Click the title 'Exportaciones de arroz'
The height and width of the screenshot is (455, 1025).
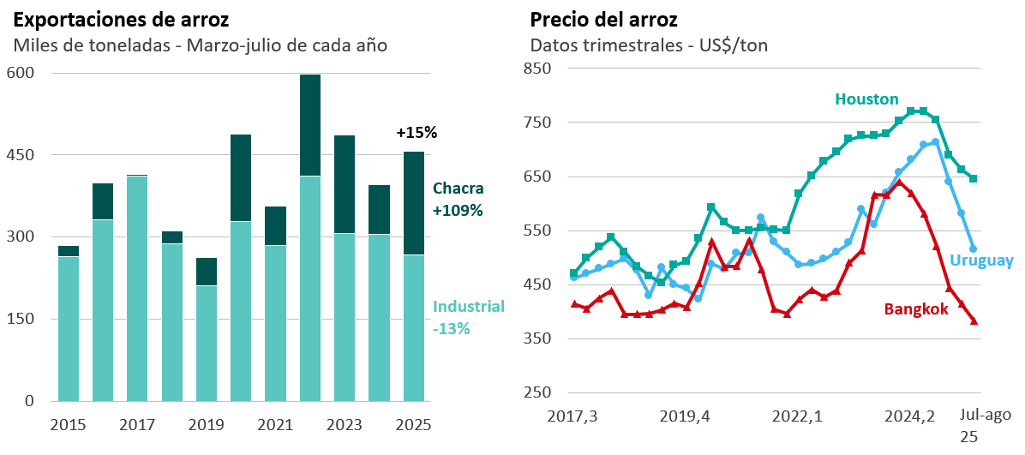coord(121,19)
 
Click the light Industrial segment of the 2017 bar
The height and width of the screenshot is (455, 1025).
coord(137,288)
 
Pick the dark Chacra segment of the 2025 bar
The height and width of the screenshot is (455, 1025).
coord(414,203)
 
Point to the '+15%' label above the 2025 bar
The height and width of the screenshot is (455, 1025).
coord(417,133)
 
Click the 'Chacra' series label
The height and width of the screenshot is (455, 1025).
coord(458,189)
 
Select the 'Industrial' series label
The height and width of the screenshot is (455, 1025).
coord(469,307)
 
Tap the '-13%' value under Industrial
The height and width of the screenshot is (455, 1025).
coord(452,328)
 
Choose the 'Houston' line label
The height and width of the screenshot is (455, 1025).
coord(866,99)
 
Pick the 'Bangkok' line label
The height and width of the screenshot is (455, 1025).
coord(916,309)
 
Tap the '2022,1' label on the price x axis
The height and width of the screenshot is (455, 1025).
coord(797,416)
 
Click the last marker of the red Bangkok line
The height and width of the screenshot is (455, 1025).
coord(974,321)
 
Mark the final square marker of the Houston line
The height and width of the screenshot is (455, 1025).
coord(974,178)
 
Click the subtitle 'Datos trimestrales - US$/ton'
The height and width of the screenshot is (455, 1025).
coord(649,45)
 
